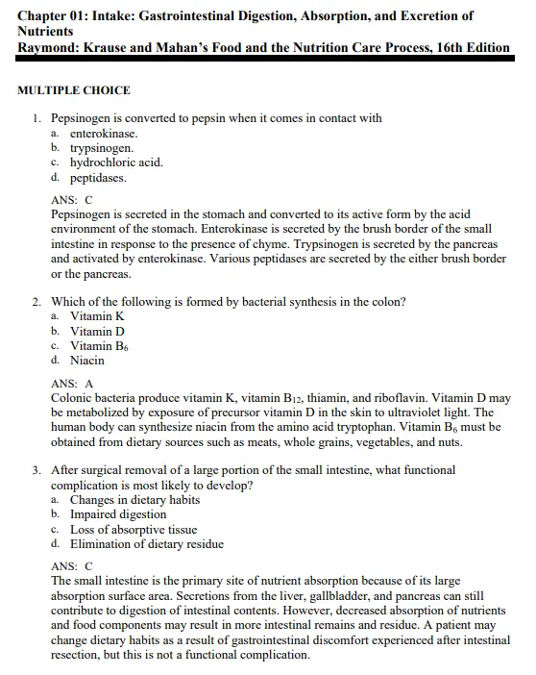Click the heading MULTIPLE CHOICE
click(74, 90)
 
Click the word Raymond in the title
click(50, 47)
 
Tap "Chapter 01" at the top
click(56, 16)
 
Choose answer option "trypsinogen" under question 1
click(102, 149)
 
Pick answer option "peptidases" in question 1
click(98, 178)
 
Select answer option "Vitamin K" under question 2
click(97, 316)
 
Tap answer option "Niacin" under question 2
click(87, 361)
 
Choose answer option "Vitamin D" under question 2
click(97, 332)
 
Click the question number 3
click(36, 470)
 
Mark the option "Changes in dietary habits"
click(134, 500)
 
